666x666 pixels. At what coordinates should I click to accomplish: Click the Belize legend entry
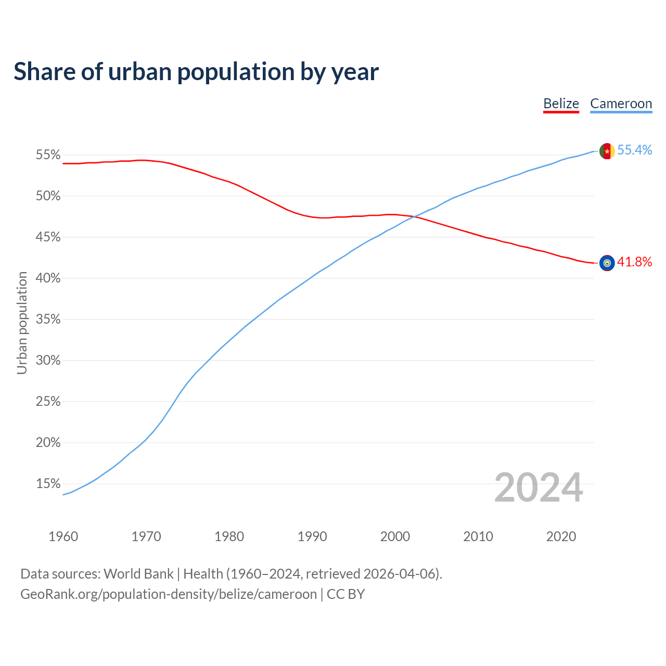pos(561,104)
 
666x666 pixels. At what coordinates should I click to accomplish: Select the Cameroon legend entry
pos(621,104)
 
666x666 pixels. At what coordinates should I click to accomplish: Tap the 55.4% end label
pos(634,150)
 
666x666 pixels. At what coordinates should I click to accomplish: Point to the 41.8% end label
pos(634,262)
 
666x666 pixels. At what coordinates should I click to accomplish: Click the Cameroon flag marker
pos(607,151)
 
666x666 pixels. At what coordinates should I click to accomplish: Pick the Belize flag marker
pos(607,263)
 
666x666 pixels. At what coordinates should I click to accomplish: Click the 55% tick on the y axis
pos(48,155)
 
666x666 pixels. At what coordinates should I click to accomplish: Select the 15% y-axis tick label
pos(48,484)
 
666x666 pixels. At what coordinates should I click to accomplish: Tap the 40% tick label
pos(48,278)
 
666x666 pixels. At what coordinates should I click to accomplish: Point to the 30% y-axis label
pos(48,361)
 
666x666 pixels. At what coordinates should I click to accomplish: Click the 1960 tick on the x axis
pos(63,536)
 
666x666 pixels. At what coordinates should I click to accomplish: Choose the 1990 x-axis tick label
pos(312,536)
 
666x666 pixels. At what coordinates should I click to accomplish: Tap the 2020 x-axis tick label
pos(561,536)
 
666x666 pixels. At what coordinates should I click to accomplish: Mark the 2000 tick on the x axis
pos(395,536)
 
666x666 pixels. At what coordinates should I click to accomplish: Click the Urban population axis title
pos(22,323)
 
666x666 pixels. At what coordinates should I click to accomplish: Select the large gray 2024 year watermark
pos(538,488)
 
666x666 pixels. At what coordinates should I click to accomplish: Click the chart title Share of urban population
pos(196,71)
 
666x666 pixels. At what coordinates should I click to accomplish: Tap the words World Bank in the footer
pos(138,574)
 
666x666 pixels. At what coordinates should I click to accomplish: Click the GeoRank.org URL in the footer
pos(168,594)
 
